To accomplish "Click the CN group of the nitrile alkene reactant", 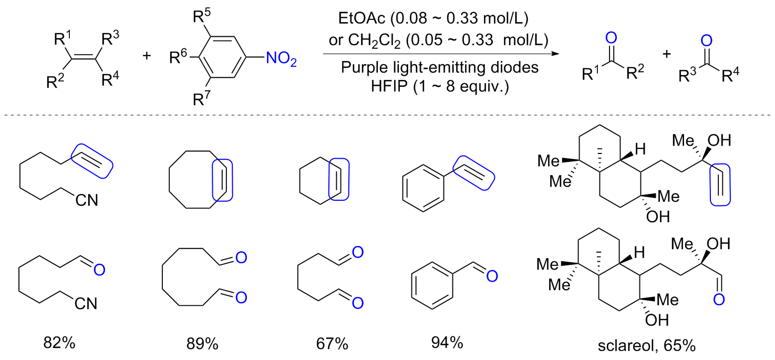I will coord(86,200).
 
